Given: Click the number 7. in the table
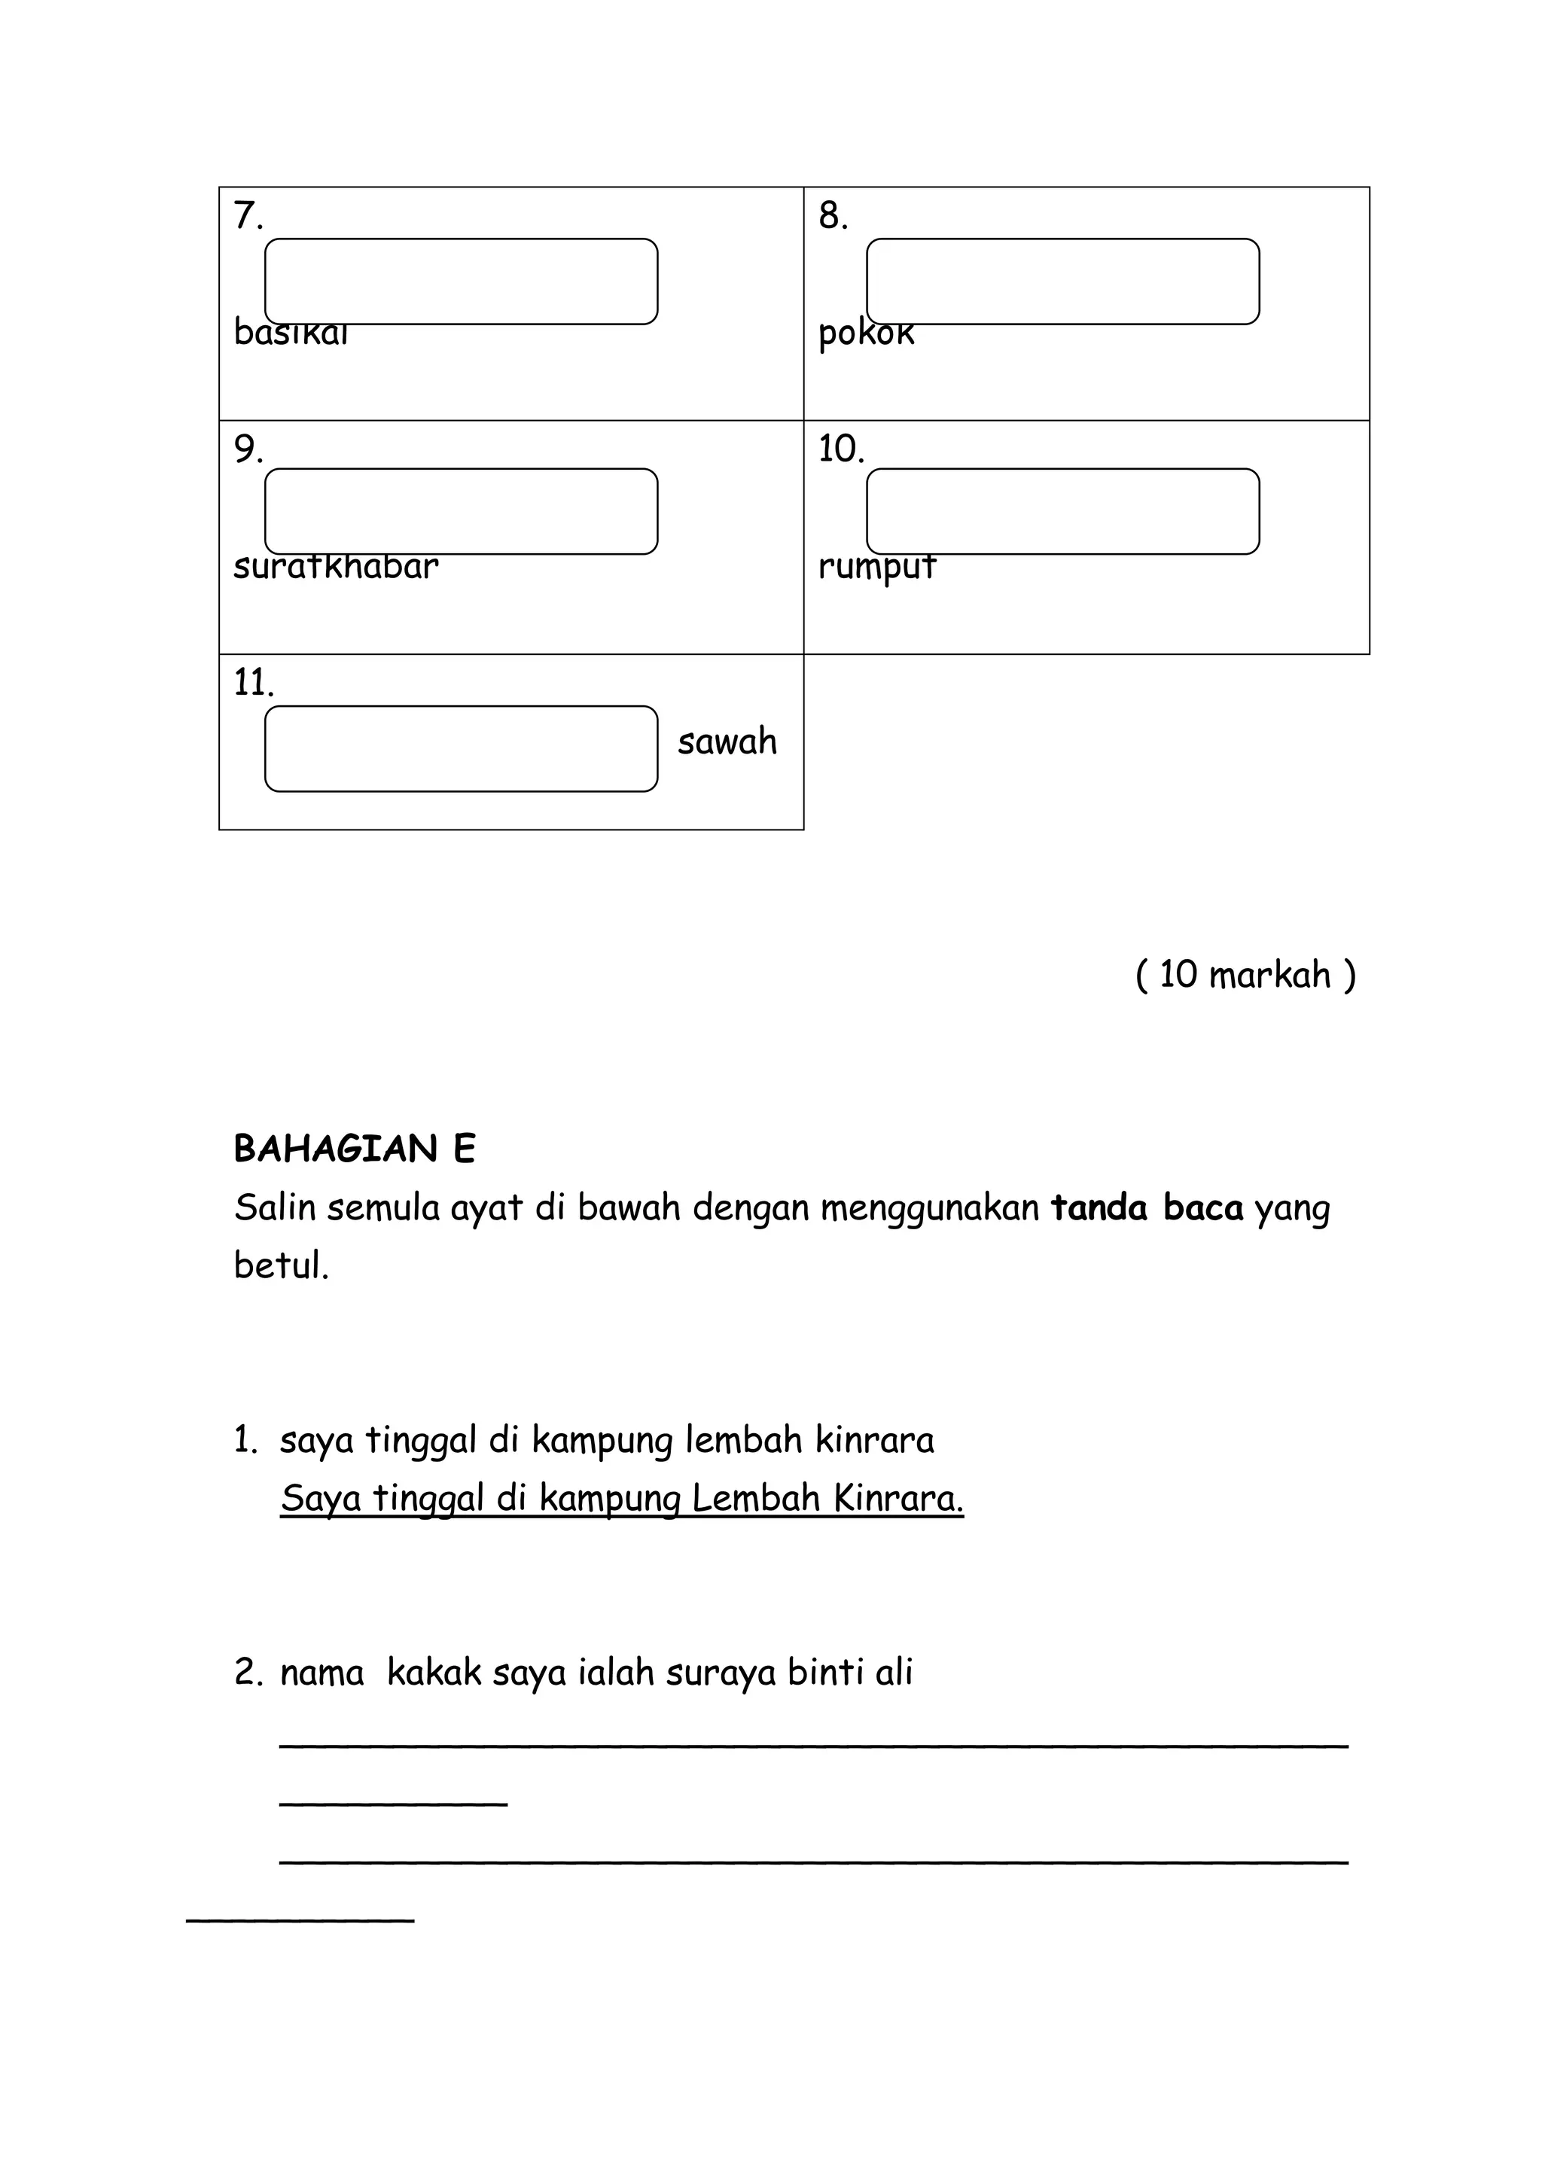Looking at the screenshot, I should point(247,217).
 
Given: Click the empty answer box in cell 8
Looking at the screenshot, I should point(1062,281).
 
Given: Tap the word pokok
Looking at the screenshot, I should point(866,334).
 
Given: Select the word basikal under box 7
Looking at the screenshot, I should point(291,334).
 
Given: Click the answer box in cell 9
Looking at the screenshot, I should point(461,511).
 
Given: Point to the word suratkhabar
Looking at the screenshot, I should point(336,567).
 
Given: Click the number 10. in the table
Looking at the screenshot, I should point(840,449).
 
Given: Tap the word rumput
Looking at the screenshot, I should point(877,567).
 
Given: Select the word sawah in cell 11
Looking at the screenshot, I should point(727,741).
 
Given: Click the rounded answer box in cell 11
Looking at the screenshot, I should point(461,748).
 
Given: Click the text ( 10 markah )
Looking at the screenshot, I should point(1245,974).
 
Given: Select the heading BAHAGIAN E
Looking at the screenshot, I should point(354,1149).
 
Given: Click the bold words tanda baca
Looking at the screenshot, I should point(1146,1207).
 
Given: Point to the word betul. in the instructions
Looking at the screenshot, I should point(281,1265).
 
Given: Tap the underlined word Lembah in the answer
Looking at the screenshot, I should point(755,1498).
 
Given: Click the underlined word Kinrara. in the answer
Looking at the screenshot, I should point(898,1498).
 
